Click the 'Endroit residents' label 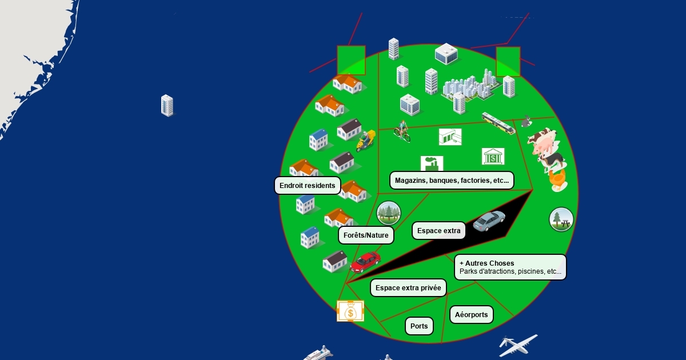[308, 186]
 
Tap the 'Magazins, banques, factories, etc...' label [452, 181]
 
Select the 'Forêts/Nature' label [366, 235]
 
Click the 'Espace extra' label [438, 231]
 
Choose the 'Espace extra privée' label [408, 288]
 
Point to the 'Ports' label [419, 326]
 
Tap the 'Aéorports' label [472, 315]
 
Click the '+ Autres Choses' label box [510, 267]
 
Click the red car [366, 262]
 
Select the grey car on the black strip [489, 220]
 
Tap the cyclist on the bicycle [402, 131]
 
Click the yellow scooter [365, 140]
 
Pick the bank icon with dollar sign [493, 156]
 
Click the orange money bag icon [350, 311]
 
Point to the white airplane [517, 345]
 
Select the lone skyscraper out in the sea [167, 106]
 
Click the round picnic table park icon [561, 219]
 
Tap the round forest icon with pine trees [389, 213]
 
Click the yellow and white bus [498, 122]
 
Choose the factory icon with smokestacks [432, 163]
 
